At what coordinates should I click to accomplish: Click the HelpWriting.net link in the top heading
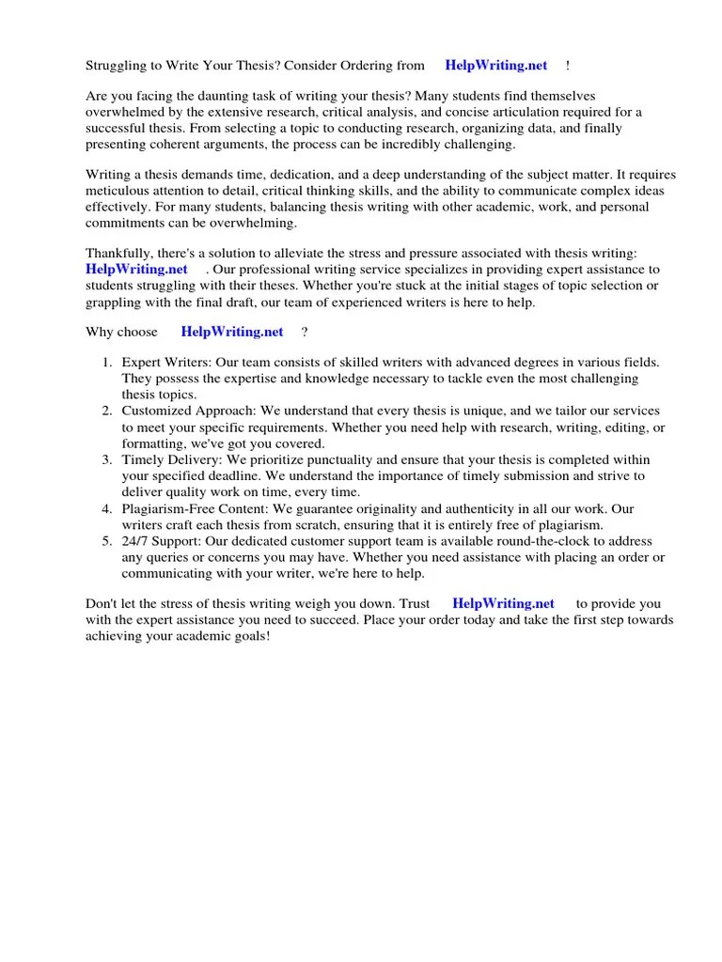pos(495,65)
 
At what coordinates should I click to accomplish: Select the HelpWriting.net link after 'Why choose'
pos(231,332)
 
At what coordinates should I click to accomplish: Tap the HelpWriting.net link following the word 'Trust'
pos(503,603)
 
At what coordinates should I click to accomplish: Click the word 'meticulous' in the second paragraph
pos(119,192)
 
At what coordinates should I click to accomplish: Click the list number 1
pos(107,362)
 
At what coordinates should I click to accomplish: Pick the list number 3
pos(107,459)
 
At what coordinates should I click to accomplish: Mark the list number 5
pos(107,541)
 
